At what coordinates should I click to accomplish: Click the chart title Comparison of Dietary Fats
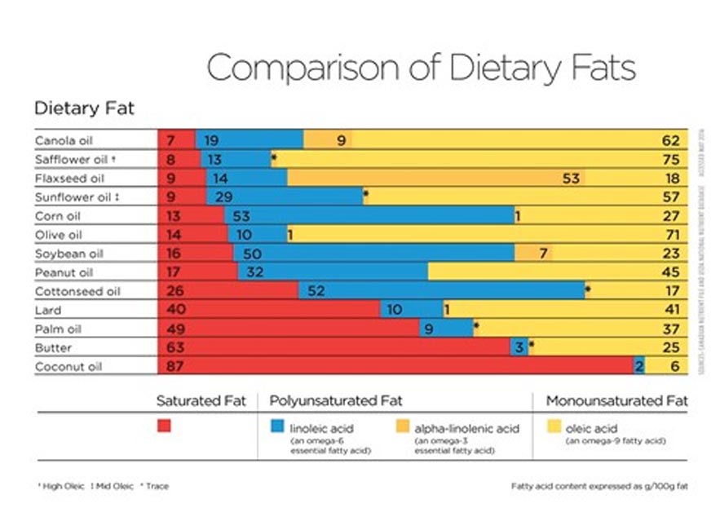[x=421, y=68]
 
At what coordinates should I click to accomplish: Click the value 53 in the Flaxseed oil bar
[x=571, y=178]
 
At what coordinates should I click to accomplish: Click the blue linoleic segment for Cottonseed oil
[x=440, y=291]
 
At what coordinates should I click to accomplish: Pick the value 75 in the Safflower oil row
[x=671, y=159]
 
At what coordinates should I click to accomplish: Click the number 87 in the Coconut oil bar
[x=174, y=367]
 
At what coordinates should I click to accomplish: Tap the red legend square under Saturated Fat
[x=165, y=426]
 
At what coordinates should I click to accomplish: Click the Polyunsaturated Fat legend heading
[x=336, y=401]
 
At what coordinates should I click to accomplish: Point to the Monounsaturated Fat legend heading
[x=616, y=401]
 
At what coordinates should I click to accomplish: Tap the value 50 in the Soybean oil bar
[x=252, y=254]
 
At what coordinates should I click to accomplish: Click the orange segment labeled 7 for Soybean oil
[x=534, y=254]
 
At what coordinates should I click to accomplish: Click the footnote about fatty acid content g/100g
[x=599, y=487]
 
